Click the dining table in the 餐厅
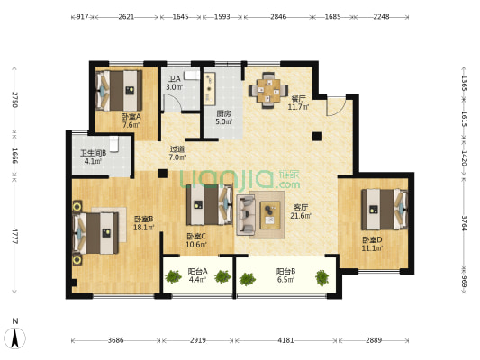[x=268, y=90]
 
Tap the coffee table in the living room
[x=270, y=215]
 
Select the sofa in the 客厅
[x=246, y=215]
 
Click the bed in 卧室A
[x=119, y=91]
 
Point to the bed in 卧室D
[x=385, y=210]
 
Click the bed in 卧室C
[x=210, y=204]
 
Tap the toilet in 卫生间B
[x=114, y=144]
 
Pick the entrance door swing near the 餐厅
[x=336, y=106]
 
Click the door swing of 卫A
[x=172, y=103]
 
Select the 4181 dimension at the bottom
[x=285, y=340]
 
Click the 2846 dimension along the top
[x=278, y=16]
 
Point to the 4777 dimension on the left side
[x=14, y=236]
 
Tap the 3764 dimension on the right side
[x=465, y=223]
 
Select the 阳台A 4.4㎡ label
[x=197, y=275]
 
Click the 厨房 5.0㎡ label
[x=223, y=118]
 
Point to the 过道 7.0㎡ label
[x=177, y=154]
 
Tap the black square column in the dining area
[x=317, y=136]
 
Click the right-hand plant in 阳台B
[x=322, y=278]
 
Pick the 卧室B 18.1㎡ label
[x=143, y=223]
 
